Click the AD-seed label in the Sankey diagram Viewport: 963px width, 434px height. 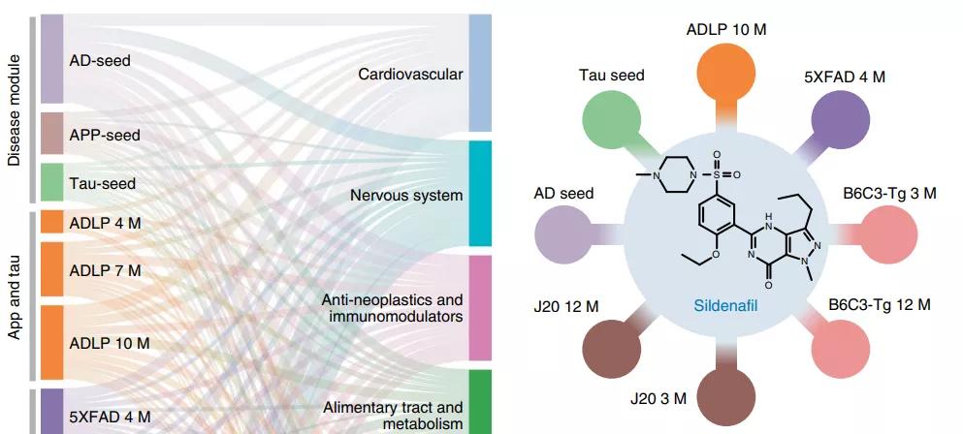click(99, 60)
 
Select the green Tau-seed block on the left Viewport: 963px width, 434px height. click(51, 183)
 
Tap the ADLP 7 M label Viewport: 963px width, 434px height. click(105, 270)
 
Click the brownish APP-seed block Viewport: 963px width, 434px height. click(51, 134)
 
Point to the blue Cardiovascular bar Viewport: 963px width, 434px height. click(481, 74)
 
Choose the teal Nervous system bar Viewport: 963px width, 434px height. click(481, 194)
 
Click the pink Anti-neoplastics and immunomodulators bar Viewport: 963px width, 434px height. click(481, 308)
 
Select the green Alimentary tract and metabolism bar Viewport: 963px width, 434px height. click(481, 401)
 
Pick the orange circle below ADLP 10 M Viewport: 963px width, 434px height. click(726, 73)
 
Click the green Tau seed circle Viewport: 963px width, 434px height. click(612, 120)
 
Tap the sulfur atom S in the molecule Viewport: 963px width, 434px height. click(717, 174)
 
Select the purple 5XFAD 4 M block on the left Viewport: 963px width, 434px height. click(51, 412)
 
